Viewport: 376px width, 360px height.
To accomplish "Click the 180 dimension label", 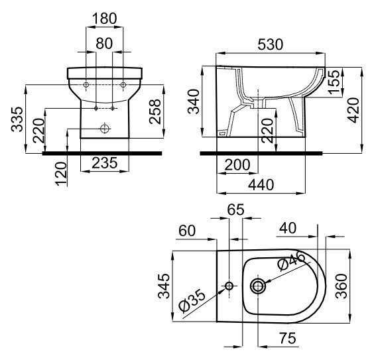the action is point(105,19).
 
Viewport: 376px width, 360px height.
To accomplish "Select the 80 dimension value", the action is point(104,43).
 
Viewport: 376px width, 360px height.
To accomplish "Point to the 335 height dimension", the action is point(17,119).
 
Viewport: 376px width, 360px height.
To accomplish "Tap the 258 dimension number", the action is point(155,111).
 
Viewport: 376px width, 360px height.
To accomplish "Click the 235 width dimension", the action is point(105,162).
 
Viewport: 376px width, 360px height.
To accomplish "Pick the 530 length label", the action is point(271,44).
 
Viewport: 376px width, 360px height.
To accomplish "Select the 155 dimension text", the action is point(334,82).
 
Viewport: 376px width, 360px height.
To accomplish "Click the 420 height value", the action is point(353,110).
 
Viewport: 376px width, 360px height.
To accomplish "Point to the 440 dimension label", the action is point(261,184).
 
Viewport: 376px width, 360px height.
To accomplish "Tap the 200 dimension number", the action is point(237,164).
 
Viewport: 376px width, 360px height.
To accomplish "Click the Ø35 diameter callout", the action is point(192,301).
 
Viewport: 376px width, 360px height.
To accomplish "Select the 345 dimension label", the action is point(164,286).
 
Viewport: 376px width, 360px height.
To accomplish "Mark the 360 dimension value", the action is point(342,286).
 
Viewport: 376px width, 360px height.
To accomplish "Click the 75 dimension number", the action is point(288,338).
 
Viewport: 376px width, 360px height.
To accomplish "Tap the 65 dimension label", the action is point(235,210).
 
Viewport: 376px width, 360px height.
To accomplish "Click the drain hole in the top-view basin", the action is point(258,286).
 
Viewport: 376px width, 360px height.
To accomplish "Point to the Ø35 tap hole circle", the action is point(229,286).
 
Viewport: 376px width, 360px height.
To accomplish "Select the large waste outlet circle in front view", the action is point(105,129).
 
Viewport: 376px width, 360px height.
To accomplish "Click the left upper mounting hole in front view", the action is point(86,85).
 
